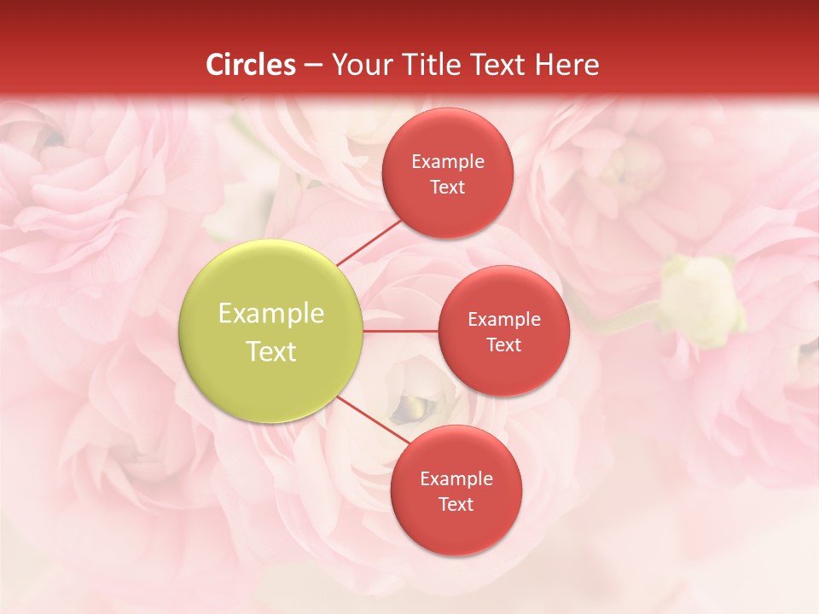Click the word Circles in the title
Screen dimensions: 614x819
coord(251,65)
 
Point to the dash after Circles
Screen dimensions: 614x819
coord(313,66)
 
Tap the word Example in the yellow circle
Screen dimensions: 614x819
coord(271,314)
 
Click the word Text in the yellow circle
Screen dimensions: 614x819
coord(271,351)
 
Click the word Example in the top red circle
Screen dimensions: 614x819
coord(448,162)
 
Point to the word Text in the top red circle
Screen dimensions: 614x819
coord(448,188)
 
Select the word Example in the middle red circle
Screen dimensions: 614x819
coord(504,320)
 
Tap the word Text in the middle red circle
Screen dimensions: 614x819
coord(504,345)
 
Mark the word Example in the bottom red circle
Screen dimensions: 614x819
coord(456,479)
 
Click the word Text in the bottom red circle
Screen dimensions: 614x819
coord(456,505)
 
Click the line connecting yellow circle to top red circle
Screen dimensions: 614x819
coord(369,241)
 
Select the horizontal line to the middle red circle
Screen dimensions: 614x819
coord(401,331)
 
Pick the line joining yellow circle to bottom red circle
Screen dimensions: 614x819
coord(371,420)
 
